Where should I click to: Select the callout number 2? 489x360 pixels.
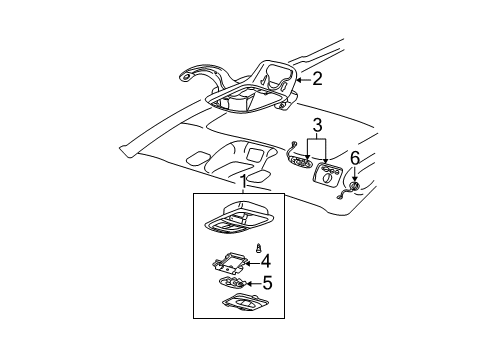click(317, 77)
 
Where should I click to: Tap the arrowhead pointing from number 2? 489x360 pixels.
click(300, 78)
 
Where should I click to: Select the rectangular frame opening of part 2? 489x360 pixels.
click(246, 102)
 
